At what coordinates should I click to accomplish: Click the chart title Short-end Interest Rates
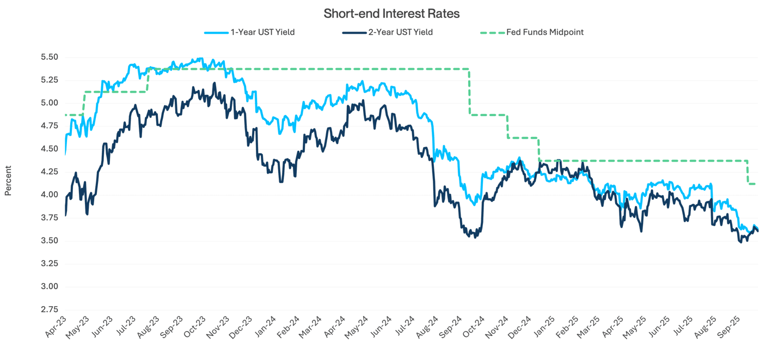pyautogui.click(x=391, y=14)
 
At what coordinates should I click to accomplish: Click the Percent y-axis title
pyautogui.click(x=8, y=180)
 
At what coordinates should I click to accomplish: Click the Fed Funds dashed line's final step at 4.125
pyautogui.click(x=753, y=184)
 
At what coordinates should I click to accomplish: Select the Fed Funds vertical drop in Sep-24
pyautogui.click(x=469, y=91)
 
